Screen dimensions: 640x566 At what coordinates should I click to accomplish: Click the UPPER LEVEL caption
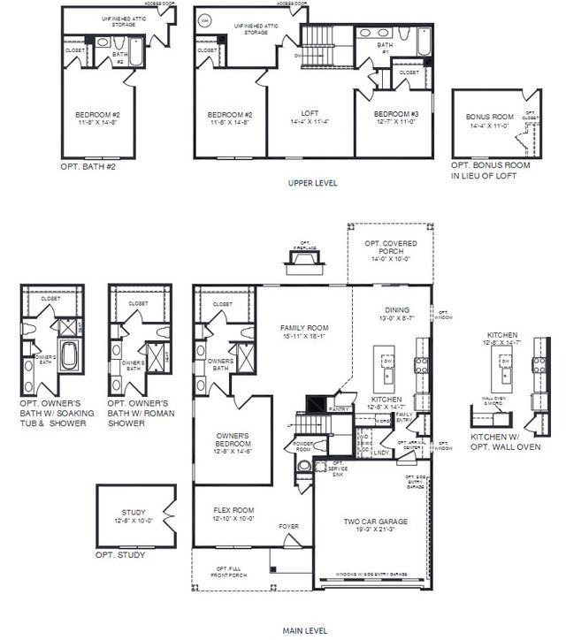311,183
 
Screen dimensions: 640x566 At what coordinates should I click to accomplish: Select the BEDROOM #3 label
395,115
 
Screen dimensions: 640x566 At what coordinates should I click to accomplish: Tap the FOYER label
288,527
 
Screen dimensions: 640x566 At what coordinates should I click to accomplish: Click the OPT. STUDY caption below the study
120,555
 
